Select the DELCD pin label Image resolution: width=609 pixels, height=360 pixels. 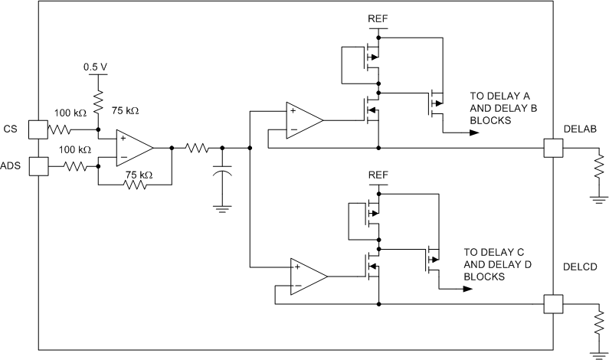pyautogui.click(x=579, y=267)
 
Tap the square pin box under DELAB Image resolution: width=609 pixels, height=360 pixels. pyautogui.click(x=552, y=147)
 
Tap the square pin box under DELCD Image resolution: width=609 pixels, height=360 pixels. pyautogui.click(x=552, y=304)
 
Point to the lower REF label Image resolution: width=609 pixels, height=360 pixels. pyautogui.click(x=378, y=175)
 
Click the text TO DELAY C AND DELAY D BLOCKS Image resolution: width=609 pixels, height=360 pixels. pyautogui.click(x=499, y=264)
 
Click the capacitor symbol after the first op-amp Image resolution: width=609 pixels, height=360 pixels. pyautogui.click(x=222, y=174)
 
